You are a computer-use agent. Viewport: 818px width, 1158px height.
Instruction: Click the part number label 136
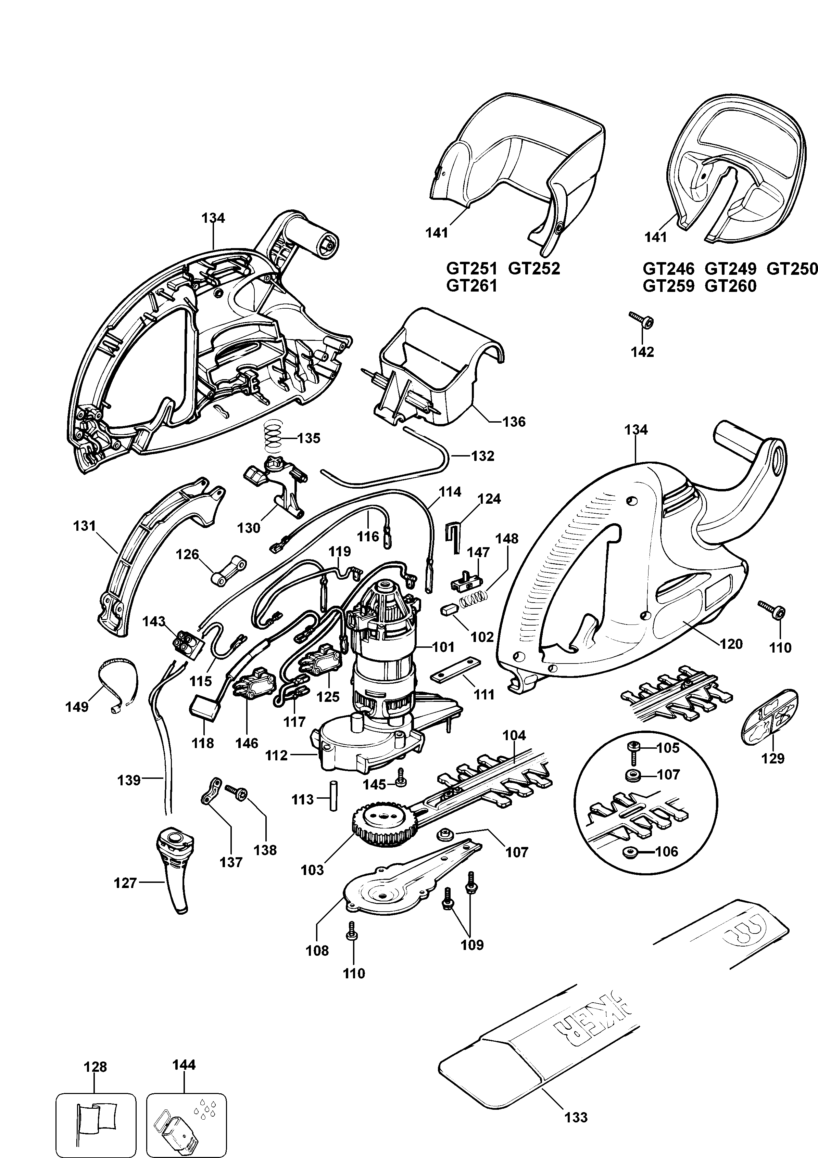point(514,422)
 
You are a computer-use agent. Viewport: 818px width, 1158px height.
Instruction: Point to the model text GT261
point(472,286)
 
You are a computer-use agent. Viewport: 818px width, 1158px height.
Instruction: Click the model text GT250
point(792,269)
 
